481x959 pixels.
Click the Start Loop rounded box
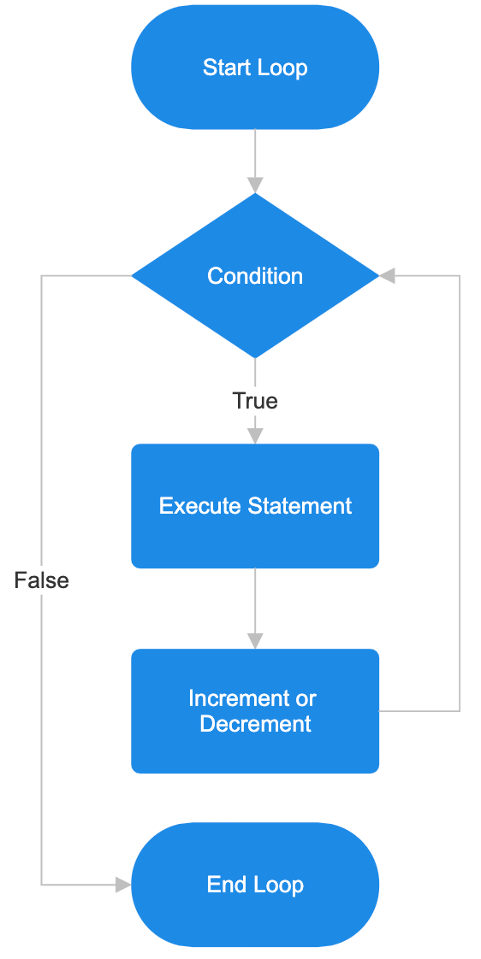coord(254,68)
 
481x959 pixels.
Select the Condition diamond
coord(254,276)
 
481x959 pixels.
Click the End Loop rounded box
coord(254,885)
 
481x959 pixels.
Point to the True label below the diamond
coord(255,401)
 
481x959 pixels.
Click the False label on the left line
coord(41,580)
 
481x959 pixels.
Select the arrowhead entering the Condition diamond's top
coord(255,185)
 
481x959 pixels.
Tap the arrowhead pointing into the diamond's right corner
coord(387,276)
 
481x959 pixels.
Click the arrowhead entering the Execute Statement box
coord(255,435)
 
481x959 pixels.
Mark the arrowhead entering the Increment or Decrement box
coord(255,640)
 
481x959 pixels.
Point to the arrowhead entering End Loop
coord(123,885)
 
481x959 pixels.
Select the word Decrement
coord(255,724)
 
